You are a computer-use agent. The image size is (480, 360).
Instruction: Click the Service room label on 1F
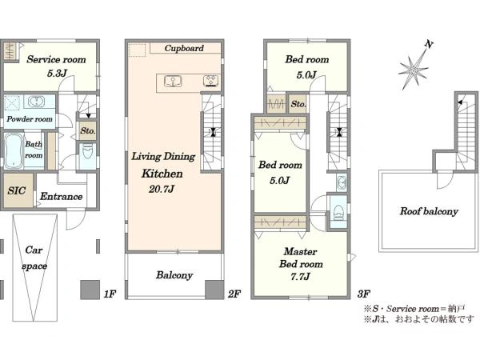click(x=56, y=59)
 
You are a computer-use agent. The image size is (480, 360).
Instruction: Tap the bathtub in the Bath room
click(x=14, y=150)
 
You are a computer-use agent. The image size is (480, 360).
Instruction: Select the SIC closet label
click(x=17, y=190)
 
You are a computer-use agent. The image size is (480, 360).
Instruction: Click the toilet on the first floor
click(x=87, y=152)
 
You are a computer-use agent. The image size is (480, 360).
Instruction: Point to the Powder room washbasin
click(x=37, y=102)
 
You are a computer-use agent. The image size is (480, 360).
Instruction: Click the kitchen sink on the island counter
click(x=173, y=82)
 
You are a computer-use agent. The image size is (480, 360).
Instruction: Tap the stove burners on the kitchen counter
click(x=211, y=82)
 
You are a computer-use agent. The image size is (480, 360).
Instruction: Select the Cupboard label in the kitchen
click(x=184, y=48)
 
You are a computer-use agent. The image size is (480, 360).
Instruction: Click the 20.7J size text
click(x=162, y=189)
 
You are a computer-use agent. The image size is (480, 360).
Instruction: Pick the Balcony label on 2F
click(x=174, y=275)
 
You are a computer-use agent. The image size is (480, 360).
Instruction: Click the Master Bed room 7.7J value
click(x=300, y=277)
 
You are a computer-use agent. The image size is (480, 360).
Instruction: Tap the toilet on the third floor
click(x=338, y=212)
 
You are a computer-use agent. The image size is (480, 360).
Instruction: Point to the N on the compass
click(x=429, y=44)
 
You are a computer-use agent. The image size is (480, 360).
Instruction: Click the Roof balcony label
click(x=429, y=211)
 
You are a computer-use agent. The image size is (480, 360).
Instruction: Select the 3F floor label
click(x=363, y=294)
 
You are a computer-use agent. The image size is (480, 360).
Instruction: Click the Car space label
click(x=34, y=258)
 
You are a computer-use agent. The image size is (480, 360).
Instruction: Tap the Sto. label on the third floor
click(x=298, y=104)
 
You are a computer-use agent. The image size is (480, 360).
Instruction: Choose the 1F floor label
click(x=110, y=294)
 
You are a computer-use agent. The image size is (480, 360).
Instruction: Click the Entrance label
click(x=62, y=196)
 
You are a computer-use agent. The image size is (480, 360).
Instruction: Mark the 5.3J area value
click(x=57, y=73)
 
